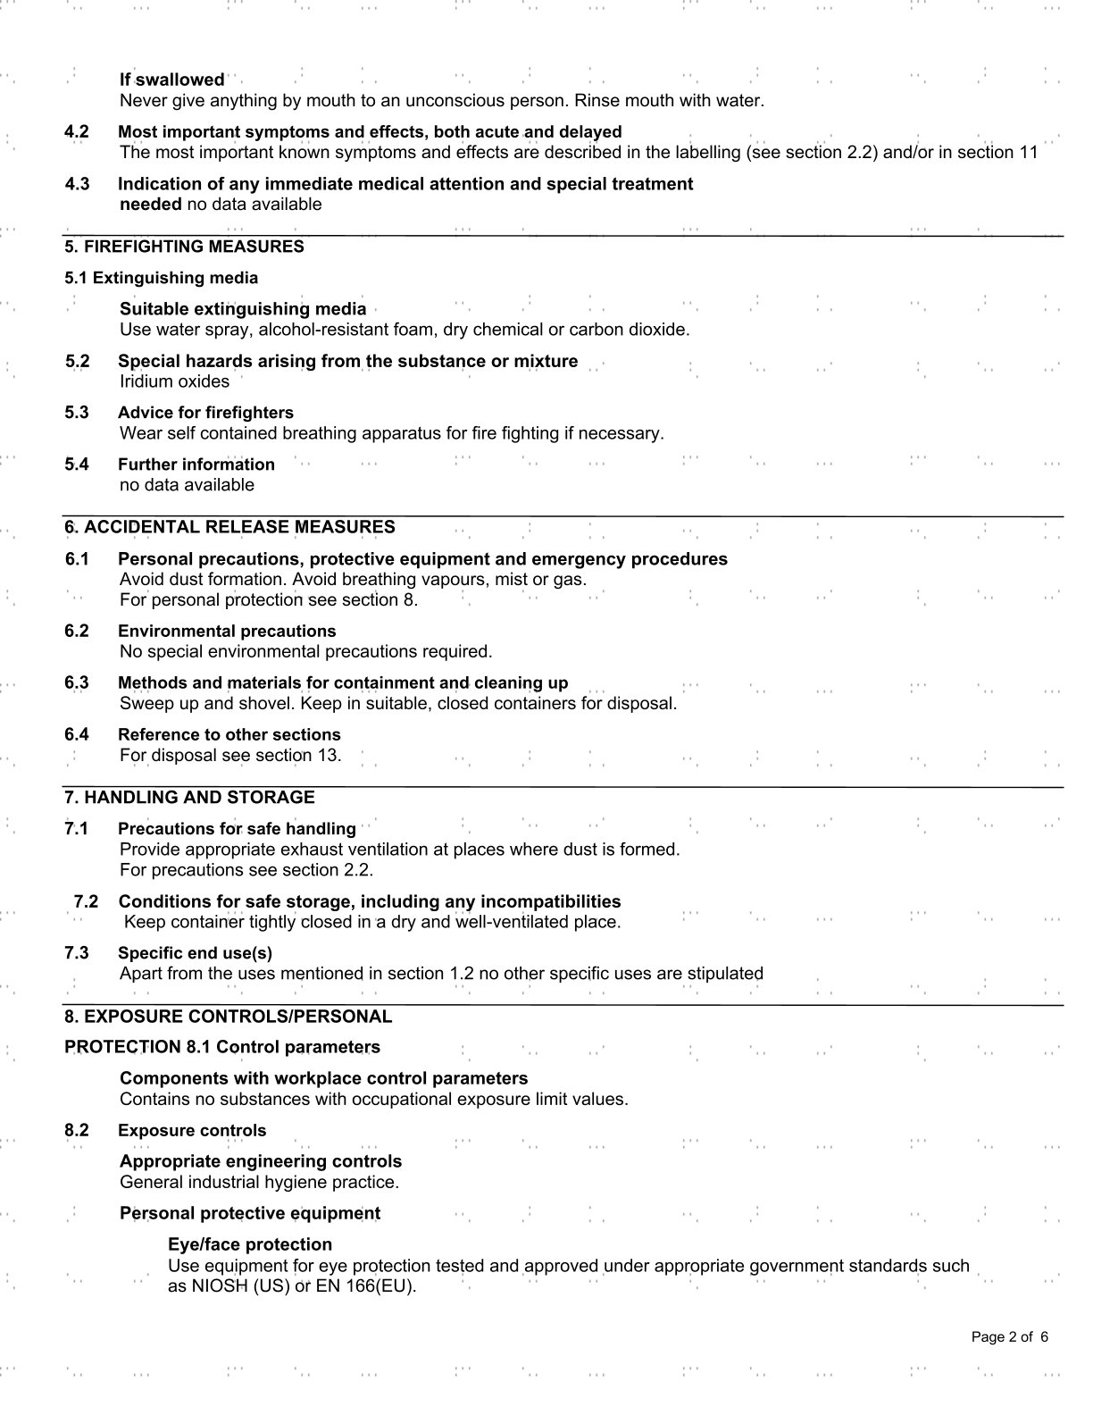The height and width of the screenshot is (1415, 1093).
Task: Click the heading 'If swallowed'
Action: tap(172, 80)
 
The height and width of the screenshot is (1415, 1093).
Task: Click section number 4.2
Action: tap(77, 131)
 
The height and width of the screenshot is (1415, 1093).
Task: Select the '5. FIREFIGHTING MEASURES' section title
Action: tap(184, 247)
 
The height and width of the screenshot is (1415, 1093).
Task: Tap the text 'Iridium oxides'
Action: tap(174, 381)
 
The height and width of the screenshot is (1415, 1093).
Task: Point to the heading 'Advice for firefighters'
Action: tap(205, 413)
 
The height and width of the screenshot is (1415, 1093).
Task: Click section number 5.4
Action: tap(77, 465)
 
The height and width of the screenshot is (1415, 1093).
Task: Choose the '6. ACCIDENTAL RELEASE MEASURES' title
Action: tap(229, 527)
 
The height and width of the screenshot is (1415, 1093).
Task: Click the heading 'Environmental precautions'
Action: tap(227, 631)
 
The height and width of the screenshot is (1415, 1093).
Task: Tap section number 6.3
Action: tap(77, 682)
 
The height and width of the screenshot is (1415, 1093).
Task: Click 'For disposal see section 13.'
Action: tap(230, 755)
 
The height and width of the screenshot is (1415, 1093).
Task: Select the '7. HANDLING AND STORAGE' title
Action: tap(189, 797)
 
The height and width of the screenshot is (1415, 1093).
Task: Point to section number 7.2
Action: tap(86, 901)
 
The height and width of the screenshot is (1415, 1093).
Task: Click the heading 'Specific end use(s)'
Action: tap(195, 953)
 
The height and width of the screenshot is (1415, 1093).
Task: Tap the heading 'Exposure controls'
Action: tap(192, 1130)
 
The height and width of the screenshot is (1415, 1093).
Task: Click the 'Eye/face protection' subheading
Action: tap(250, 1244)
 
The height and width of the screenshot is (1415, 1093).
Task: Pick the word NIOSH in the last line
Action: tap(198, 1286)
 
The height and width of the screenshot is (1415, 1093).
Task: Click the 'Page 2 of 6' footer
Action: tap(1010, 1337)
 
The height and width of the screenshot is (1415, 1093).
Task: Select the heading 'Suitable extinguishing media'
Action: tap(243, 309)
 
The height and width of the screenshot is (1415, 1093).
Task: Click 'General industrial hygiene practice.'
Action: tap(259, 1182)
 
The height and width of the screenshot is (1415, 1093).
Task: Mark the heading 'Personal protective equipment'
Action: tap(250, 1213)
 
